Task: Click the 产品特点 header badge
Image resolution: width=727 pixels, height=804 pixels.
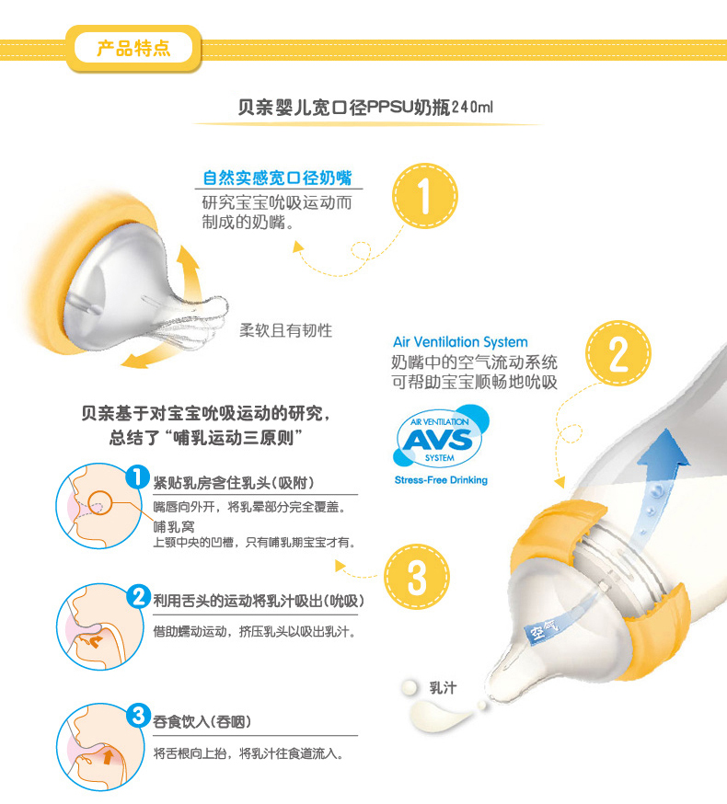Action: click(133, 49)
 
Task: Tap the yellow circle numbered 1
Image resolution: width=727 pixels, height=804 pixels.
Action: click(425, 196)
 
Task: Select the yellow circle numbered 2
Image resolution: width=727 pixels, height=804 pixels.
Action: click(618, 353)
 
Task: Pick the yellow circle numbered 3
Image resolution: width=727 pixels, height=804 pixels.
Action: click(417, 577)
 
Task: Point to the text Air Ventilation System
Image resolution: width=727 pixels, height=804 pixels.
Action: click(460, 342)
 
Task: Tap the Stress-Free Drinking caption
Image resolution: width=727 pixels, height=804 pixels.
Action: click(441, 480)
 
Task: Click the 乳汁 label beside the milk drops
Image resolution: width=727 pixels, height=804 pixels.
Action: click(443, 687)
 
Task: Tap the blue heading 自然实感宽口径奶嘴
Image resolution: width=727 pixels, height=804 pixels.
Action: click(277, 178)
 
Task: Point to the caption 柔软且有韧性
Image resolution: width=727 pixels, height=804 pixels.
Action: click(286, 330)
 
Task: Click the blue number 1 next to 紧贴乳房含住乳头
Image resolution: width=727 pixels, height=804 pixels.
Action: click(137, 477)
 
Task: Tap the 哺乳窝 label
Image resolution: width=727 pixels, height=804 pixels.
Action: click(174, 526)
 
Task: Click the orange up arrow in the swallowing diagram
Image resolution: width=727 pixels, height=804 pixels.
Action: click(109, 757)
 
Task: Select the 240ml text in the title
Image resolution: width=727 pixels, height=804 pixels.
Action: click(472, 107)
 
